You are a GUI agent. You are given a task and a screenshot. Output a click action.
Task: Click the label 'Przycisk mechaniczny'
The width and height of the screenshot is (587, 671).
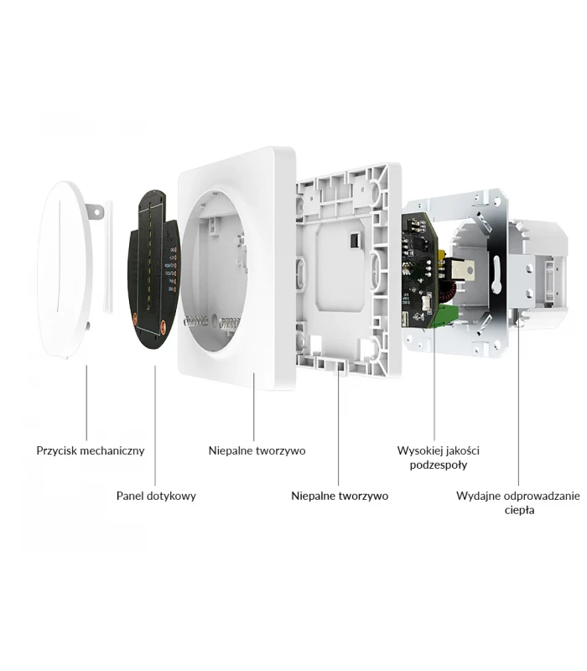click(x=91, y=450)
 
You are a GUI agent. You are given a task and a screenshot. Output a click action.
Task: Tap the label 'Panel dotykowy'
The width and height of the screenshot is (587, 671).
click(x=156, y=496)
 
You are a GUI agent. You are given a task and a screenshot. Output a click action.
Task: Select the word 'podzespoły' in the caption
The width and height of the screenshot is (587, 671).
click(x=439, y=465)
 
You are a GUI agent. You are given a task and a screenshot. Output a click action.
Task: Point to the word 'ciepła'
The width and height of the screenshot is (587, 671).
click(x=519, y=510)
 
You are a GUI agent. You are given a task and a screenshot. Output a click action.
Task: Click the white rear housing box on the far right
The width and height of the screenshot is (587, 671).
click(x=543, y=268)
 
